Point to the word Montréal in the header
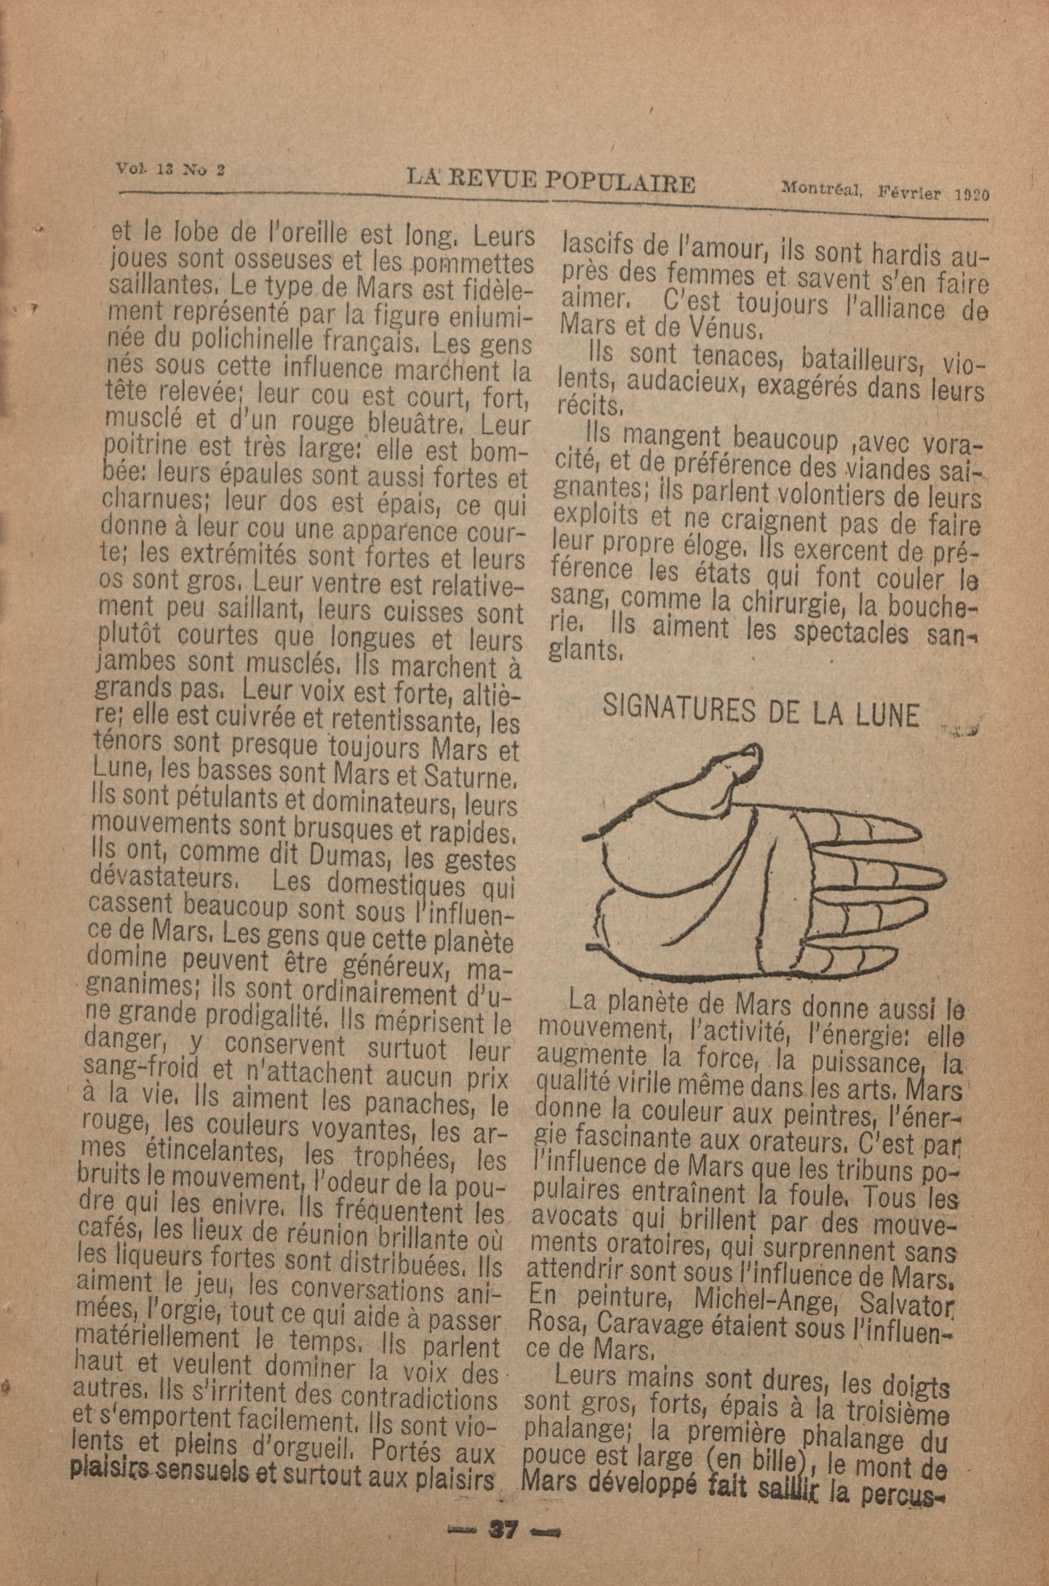point(820,190)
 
